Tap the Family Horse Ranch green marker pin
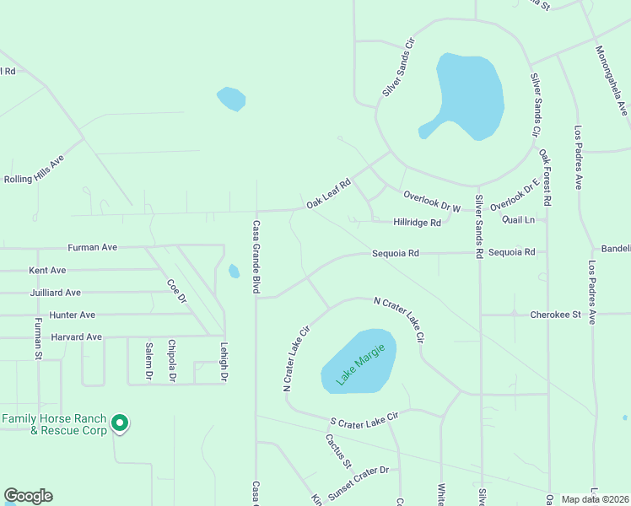pos(121,423)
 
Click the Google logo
pos(28,496)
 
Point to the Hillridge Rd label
pos(418,223)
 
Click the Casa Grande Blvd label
pos(255,257)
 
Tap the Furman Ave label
pos(92,248)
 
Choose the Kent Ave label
pos(48,271)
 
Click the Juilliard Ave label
pos(55,293)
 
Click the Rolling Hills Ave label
pos(35,170)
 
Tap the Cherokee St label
pos(556,315)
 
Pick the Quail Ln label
pos(518,219)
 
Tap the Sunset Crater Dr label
pos(359,481)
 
